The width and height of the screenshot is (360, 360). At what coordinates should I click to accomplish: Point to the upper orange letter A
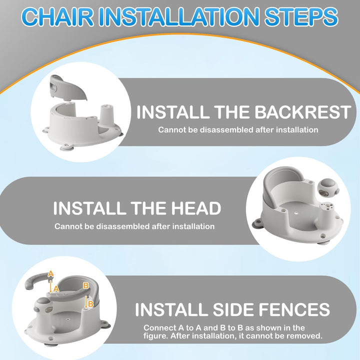[50, 274]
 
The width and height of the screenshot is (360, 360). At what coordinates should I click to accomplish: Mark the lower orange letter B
[90, 303]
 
